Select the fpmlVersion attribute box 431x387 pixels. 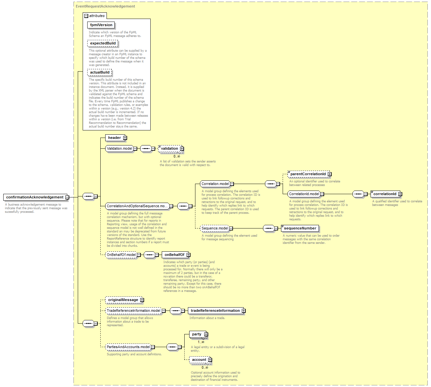pyautogui.click(x=101, y=25)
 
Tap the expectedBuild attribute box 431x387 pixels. pyautogui.click(x=103, y=43)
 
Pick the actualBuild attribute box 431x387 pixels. pyautogui.click(x=100, y=72)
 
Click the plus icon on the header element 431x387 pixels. pyautogui.click(x=125, y=138)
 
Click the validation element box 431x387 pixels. pyautogui.click(x=171, y=149)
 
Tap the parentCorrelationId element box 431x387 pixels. pyautogui.click(x=309, y=174)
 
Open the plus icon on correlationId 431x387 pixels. pyautogui.click(x=400, y=194)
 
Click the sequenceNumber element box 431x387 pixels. pyautogui.click(x=300, y=228)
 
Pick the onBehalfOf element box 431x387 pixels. pyautogui.click(x=175, y=255)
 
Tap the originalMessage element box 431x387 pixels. pyautogui.click(x=124, y=300)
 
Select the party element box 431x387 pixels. pyautogui.click(x=198, y=334)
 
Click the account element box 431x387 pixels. pyautogui.click(x=200, y=360)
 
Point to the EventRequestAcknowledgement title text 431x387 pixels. pyautogui.click(x=105, y=7)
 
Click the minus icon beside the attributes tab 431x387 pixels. pyautogui.click(x=86, y=16)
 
